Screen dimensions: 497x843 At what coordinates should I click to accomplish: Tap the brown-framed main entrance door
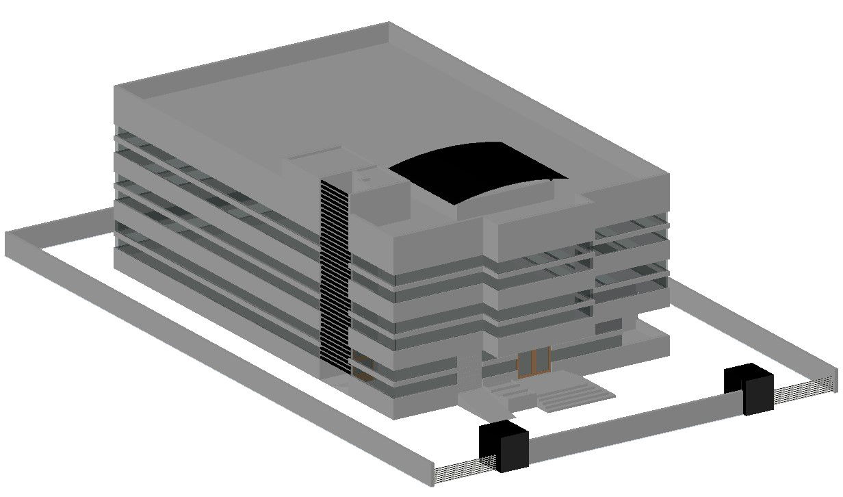pos(534,361)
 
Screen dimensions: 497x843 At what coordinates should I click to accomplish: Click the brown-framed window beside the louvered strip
pos(363,368)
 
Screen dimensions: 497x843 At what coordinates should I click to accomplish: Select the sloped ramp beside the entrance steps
pos(487,404)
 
